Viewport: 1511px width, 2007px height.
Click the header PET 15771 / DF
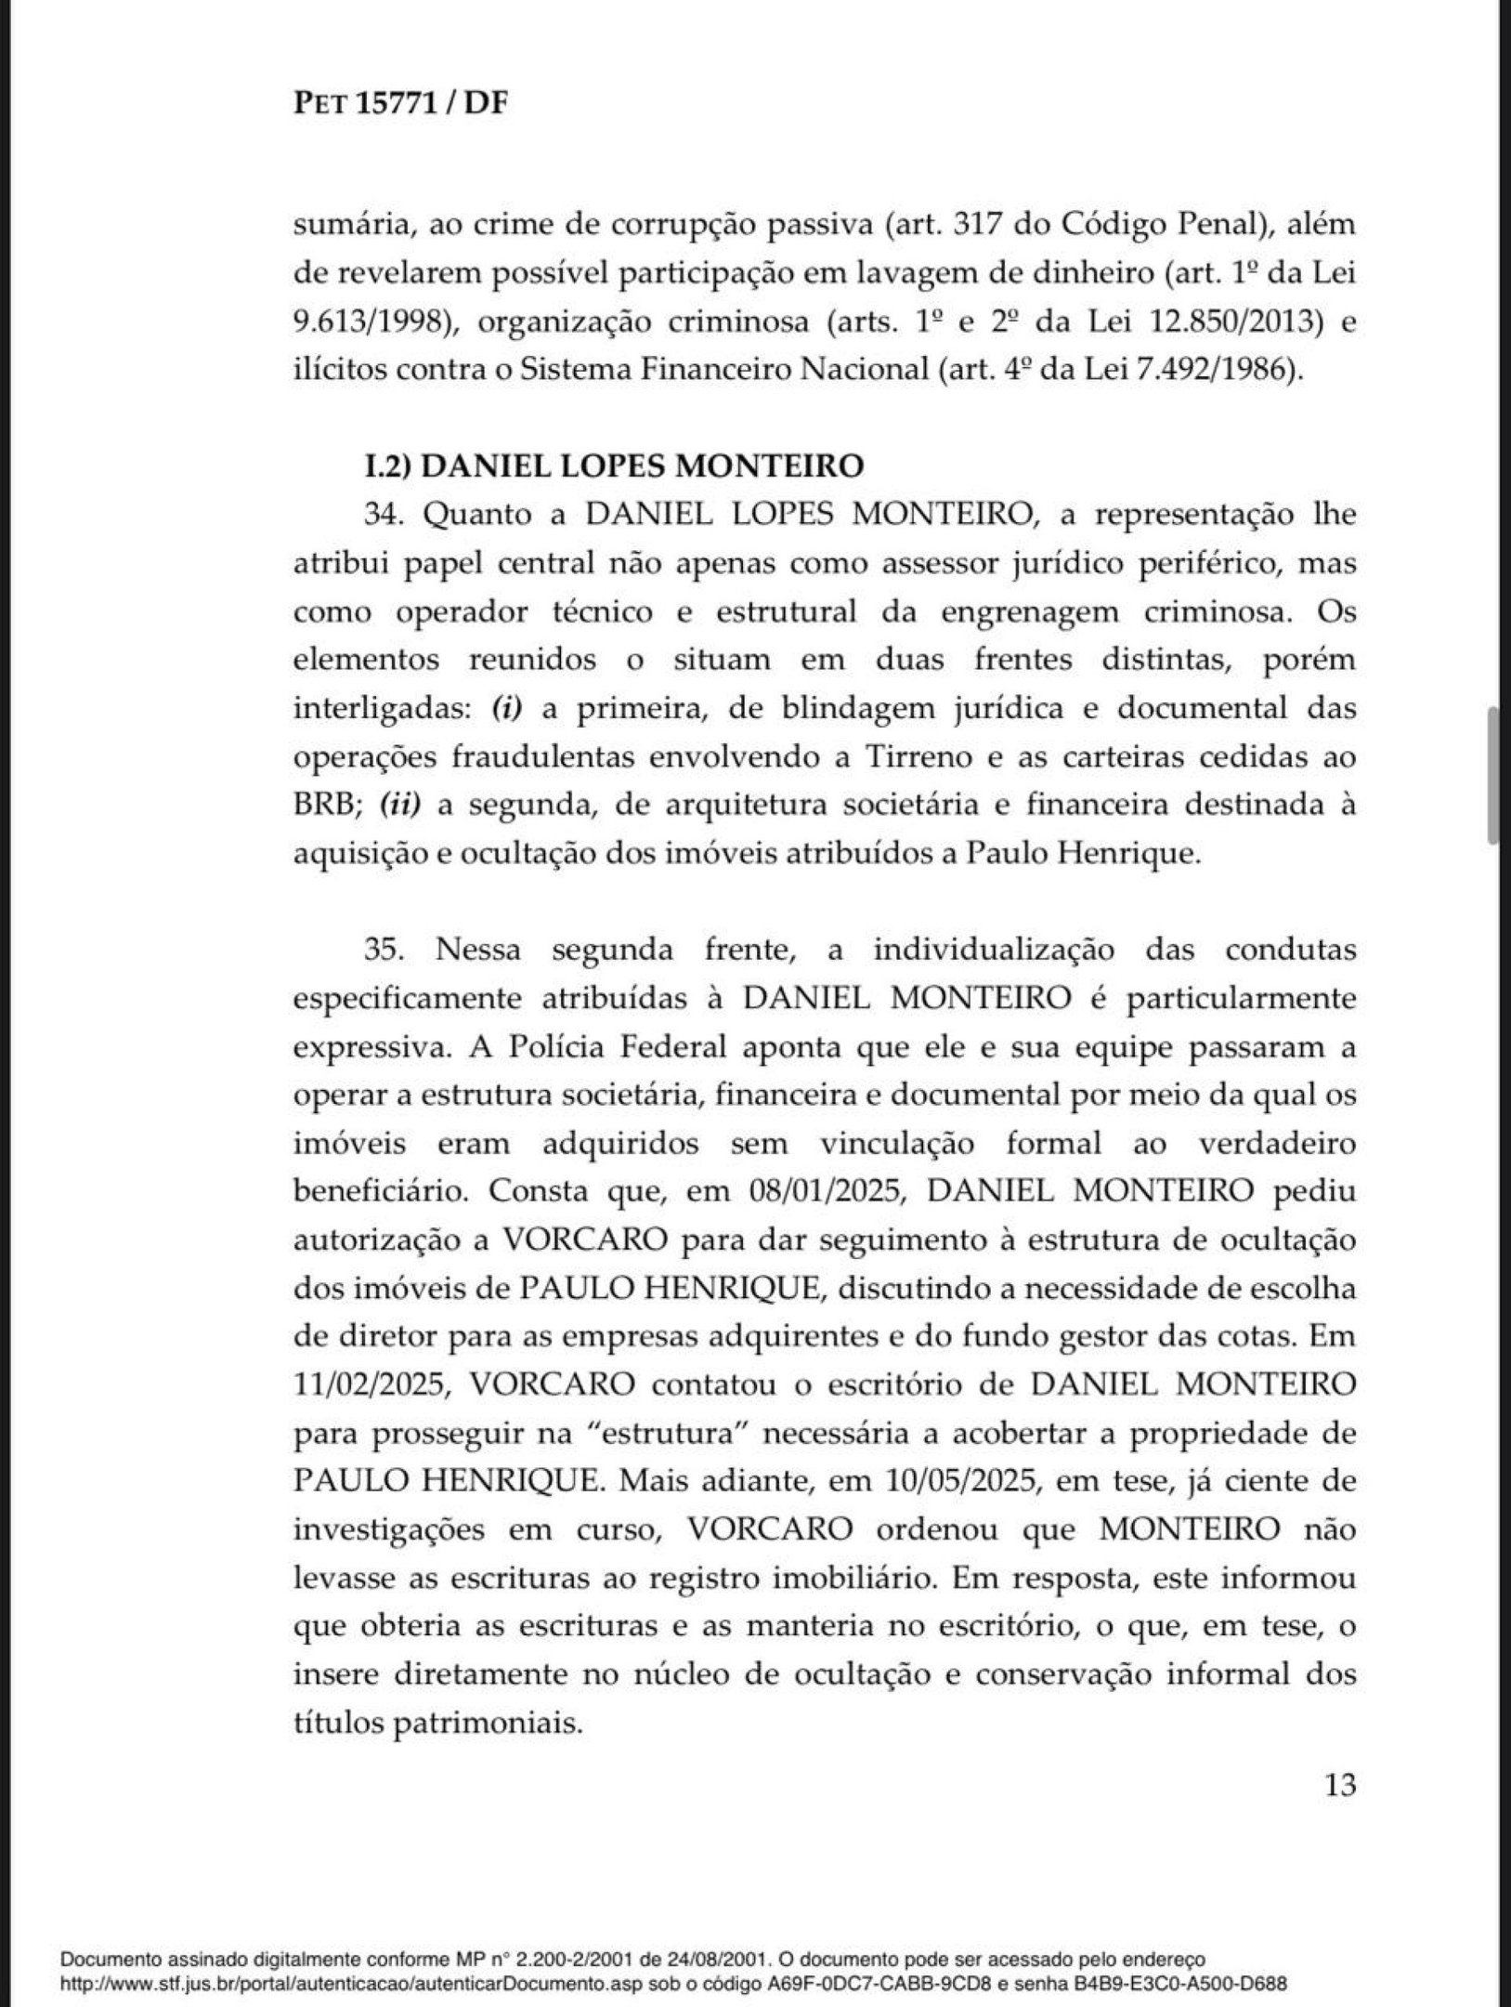coord(401,103)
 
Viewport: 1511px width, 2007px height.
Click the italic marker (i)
coord(508,709)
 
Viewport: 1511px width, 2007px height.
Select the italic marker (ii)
coord(399,806)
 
